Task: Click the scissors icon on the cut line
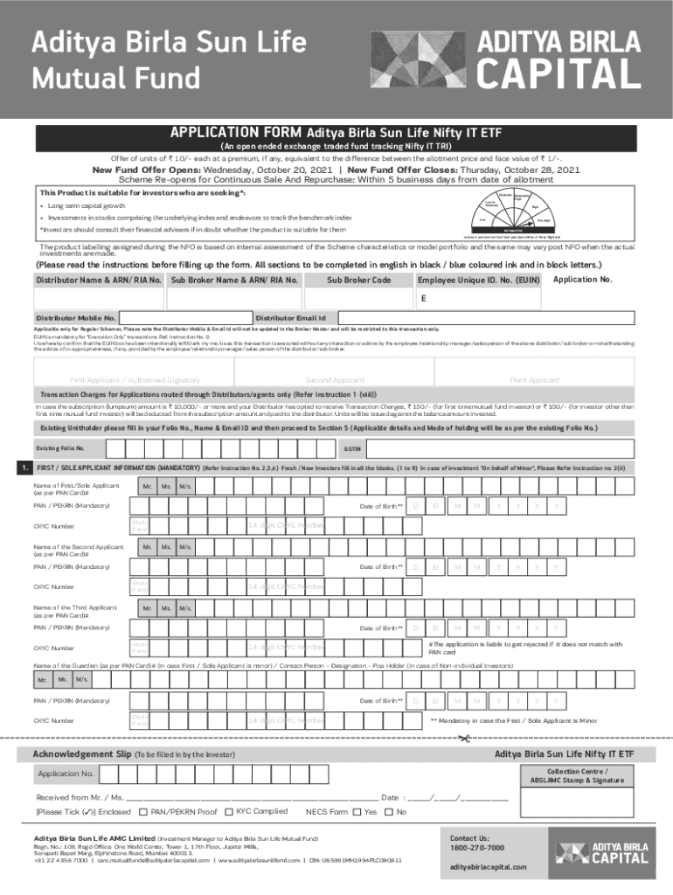463,740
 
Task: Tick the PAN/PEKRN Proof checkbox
142,812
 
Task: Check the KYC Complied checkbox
229,812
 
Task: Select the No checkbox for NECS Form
389,812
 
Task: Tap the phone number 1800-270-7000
477,848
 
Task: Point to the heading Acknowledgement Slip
80,753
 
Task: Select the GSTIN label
352,447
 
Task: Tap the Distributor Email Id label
291,317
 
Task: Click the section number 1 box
22,468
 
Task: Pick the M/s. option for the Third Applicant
184,607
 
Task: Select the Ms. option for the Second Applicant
165,547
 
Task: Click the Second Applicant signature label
336,380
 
